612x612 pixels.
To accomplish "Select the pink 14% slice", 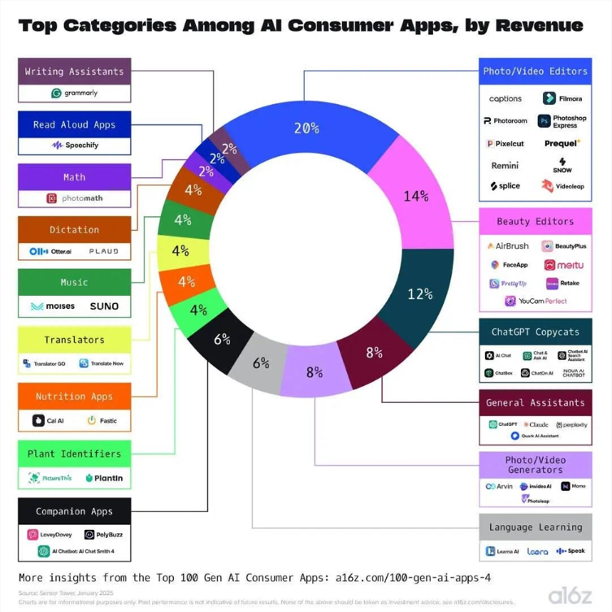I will pyautogui.click(x=415, y=195).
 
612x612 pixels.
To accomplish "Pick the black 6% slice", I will pyautogui.click(x=221, y=339).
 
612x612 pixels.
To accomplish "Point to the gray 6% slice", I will pyautogui.click(x=260, y=363).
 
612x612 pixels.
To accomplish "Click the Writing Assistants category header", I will pyautogui.click(x=74, y=72).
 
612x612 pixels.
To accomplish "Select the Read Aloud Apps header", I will pyautogui.click(x=74, y=124).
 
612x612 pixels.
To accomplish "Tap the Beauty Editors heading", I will pyautogui.click(x=535, y=221).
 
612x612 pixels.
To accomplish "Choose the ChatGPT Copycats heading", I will pyautogui.click(x=535, y=332).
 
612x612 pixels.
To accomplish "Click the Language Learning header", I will pyautogui.click(x=535, y=527).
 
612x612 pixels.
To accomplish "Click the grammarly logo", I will pyautogui.click(x=75, y=93).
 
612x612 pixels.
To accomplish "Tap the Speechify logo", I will pyautogui.click(x=75, y=145).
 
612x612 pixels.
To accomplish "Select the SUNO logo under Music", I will pyautogui.click(x=104, y=306).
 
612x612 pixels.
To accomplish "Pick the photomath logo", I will pyautogui.click(x=75, y=198).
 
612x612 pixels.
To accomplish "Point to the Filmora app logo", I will pyautogui.click(x=563, y=98).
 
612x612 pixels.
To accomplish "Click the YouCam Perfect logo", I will pyautogui.click(x=535, y=301).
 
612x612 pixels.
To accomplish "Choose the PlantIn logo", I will pyautogui.click(x=104, y=478).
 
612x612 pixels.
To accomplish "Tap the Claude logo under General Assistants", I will pyautogui.click(x=536, y=424).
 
